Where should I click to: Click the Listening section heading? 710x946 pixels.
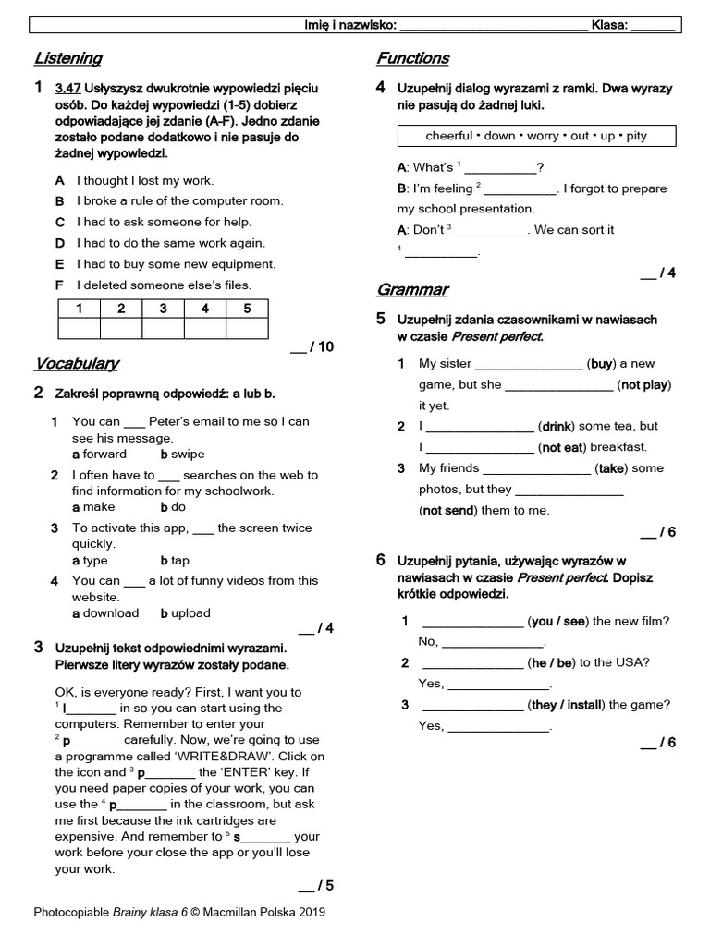(x=67, y=58)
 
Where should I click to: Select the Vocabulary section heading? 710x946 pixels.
(x=76, y=362)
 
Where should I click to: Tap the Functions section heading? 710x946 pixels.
(x=412, y=58)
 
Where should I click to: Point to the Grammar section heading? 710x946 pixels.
(x=411, y=289)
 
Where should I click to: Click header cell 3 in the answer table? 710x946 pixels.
(x=163, y=309)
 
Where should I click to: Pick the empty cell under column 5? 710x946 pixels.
(x=247, y=329)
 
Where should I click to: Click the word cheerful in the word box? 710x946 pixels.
(x=448, y=136)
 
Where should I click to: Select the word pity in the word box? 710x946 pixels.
(x=636, y=136)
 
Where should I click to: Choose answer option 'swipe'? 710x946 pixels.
(x=187, y=454)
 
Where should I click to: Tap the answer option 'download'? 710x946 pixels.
(x=110, y=612)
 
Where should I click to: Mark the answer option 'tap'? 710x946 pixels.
(x=179, y=560)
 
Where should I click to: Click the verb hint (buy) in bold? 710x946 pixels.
(x=602, y=363)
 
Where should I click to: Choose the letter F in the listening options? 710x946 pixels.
(x=59, y=285)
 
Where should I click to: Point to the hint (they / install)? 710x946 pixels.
(x=566, y=705)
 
